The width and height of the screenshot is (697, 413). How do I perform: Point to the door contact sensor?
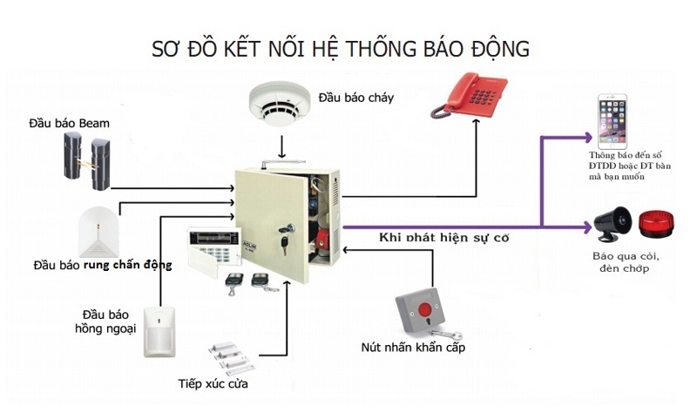tap(231, 357)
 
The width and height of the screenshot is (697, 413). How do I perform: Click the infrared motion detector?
tap(161, 331)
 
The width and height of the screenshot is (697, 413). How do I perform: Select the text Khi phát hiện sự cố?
tap(443, 237)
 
